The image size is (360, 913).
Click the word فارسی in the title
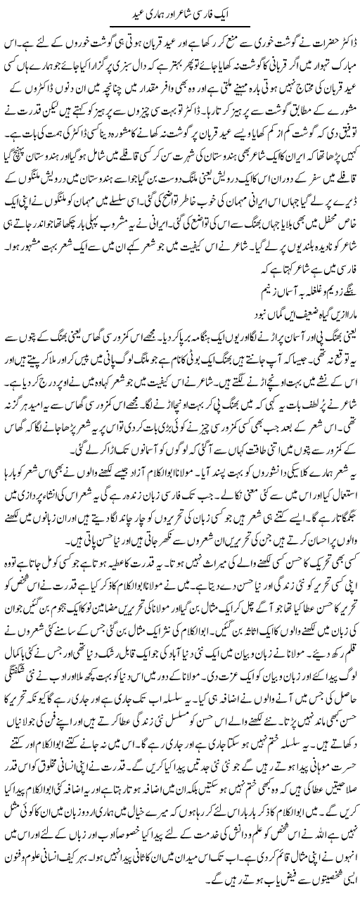tap(225, 14)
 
